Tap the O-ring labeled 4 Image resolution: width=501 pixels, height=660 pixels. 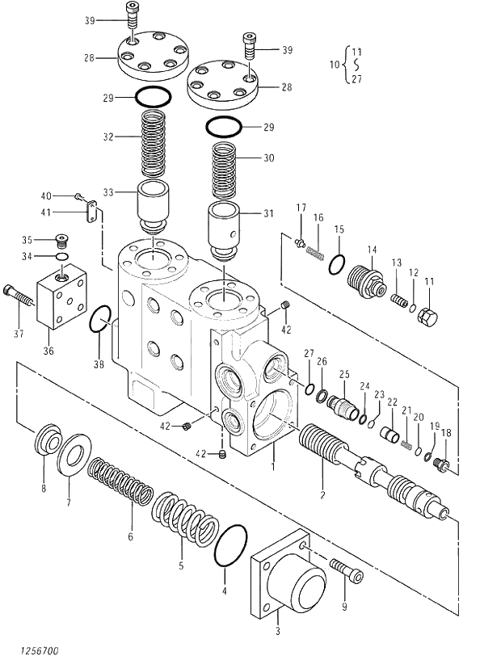(x=231, y=547)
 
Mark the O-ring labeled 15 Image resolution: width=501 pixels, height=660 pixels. (x=339, y=265)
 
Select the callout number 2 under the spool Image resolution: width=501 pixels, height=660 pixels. (x=322, y=495)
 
